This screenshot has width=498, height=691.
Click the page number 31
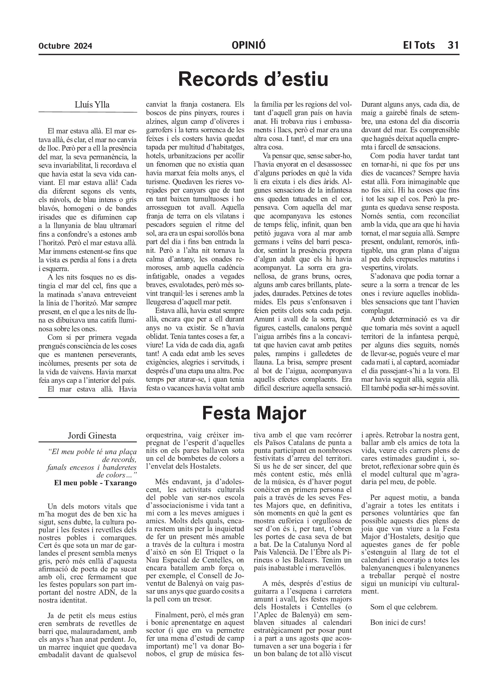(453, 45)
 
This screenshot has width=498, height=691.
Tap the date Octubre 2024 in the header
(65, 46)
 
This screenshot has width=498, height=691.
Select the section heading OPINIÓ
(248, 45)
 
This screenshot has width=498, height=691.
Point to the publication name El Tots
(419, 45)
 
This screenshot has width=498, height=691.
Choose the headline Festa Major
(254, 413)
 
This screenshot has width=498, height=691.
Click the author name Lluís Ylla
(92, 105)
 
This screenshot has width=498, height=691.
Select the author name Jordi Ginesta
(92, 436)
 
